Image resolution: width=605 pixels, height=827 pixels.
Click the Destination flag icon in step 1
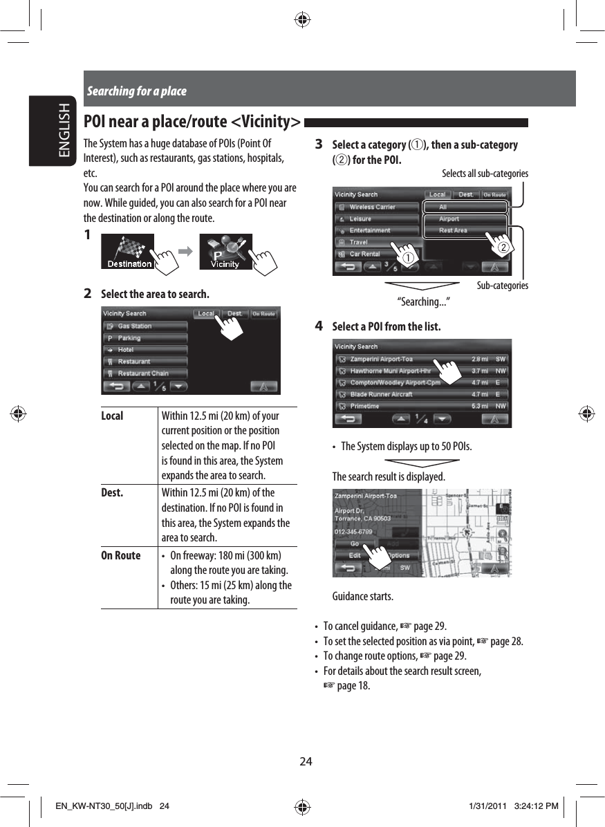point(129,253)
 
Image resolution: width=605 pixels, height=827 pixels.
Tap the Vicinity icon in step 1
point(225,253)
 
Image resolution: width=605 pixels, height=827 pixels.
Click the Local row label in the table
point(112,416)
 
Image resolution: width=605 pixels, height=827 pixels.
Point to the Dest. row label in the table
point(112,493)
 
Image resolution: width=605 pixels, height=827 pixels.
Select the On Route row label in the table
point(120,555)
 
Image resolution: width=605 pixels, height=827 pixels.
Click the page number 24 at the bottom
point(305,762)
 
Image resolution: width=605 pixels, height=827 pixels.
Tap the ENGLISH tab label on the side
point(64,131)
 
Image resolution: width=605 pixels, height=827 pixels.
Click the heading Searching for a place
point(136,91)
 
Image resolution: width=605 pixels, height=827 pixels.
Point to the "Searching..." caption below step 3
point(422,301)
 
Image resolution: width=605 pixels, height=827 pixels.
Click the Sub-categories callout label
point(503,286)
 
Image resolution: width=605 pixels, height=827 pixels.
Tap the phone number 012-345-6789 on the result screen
point(354,532)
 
